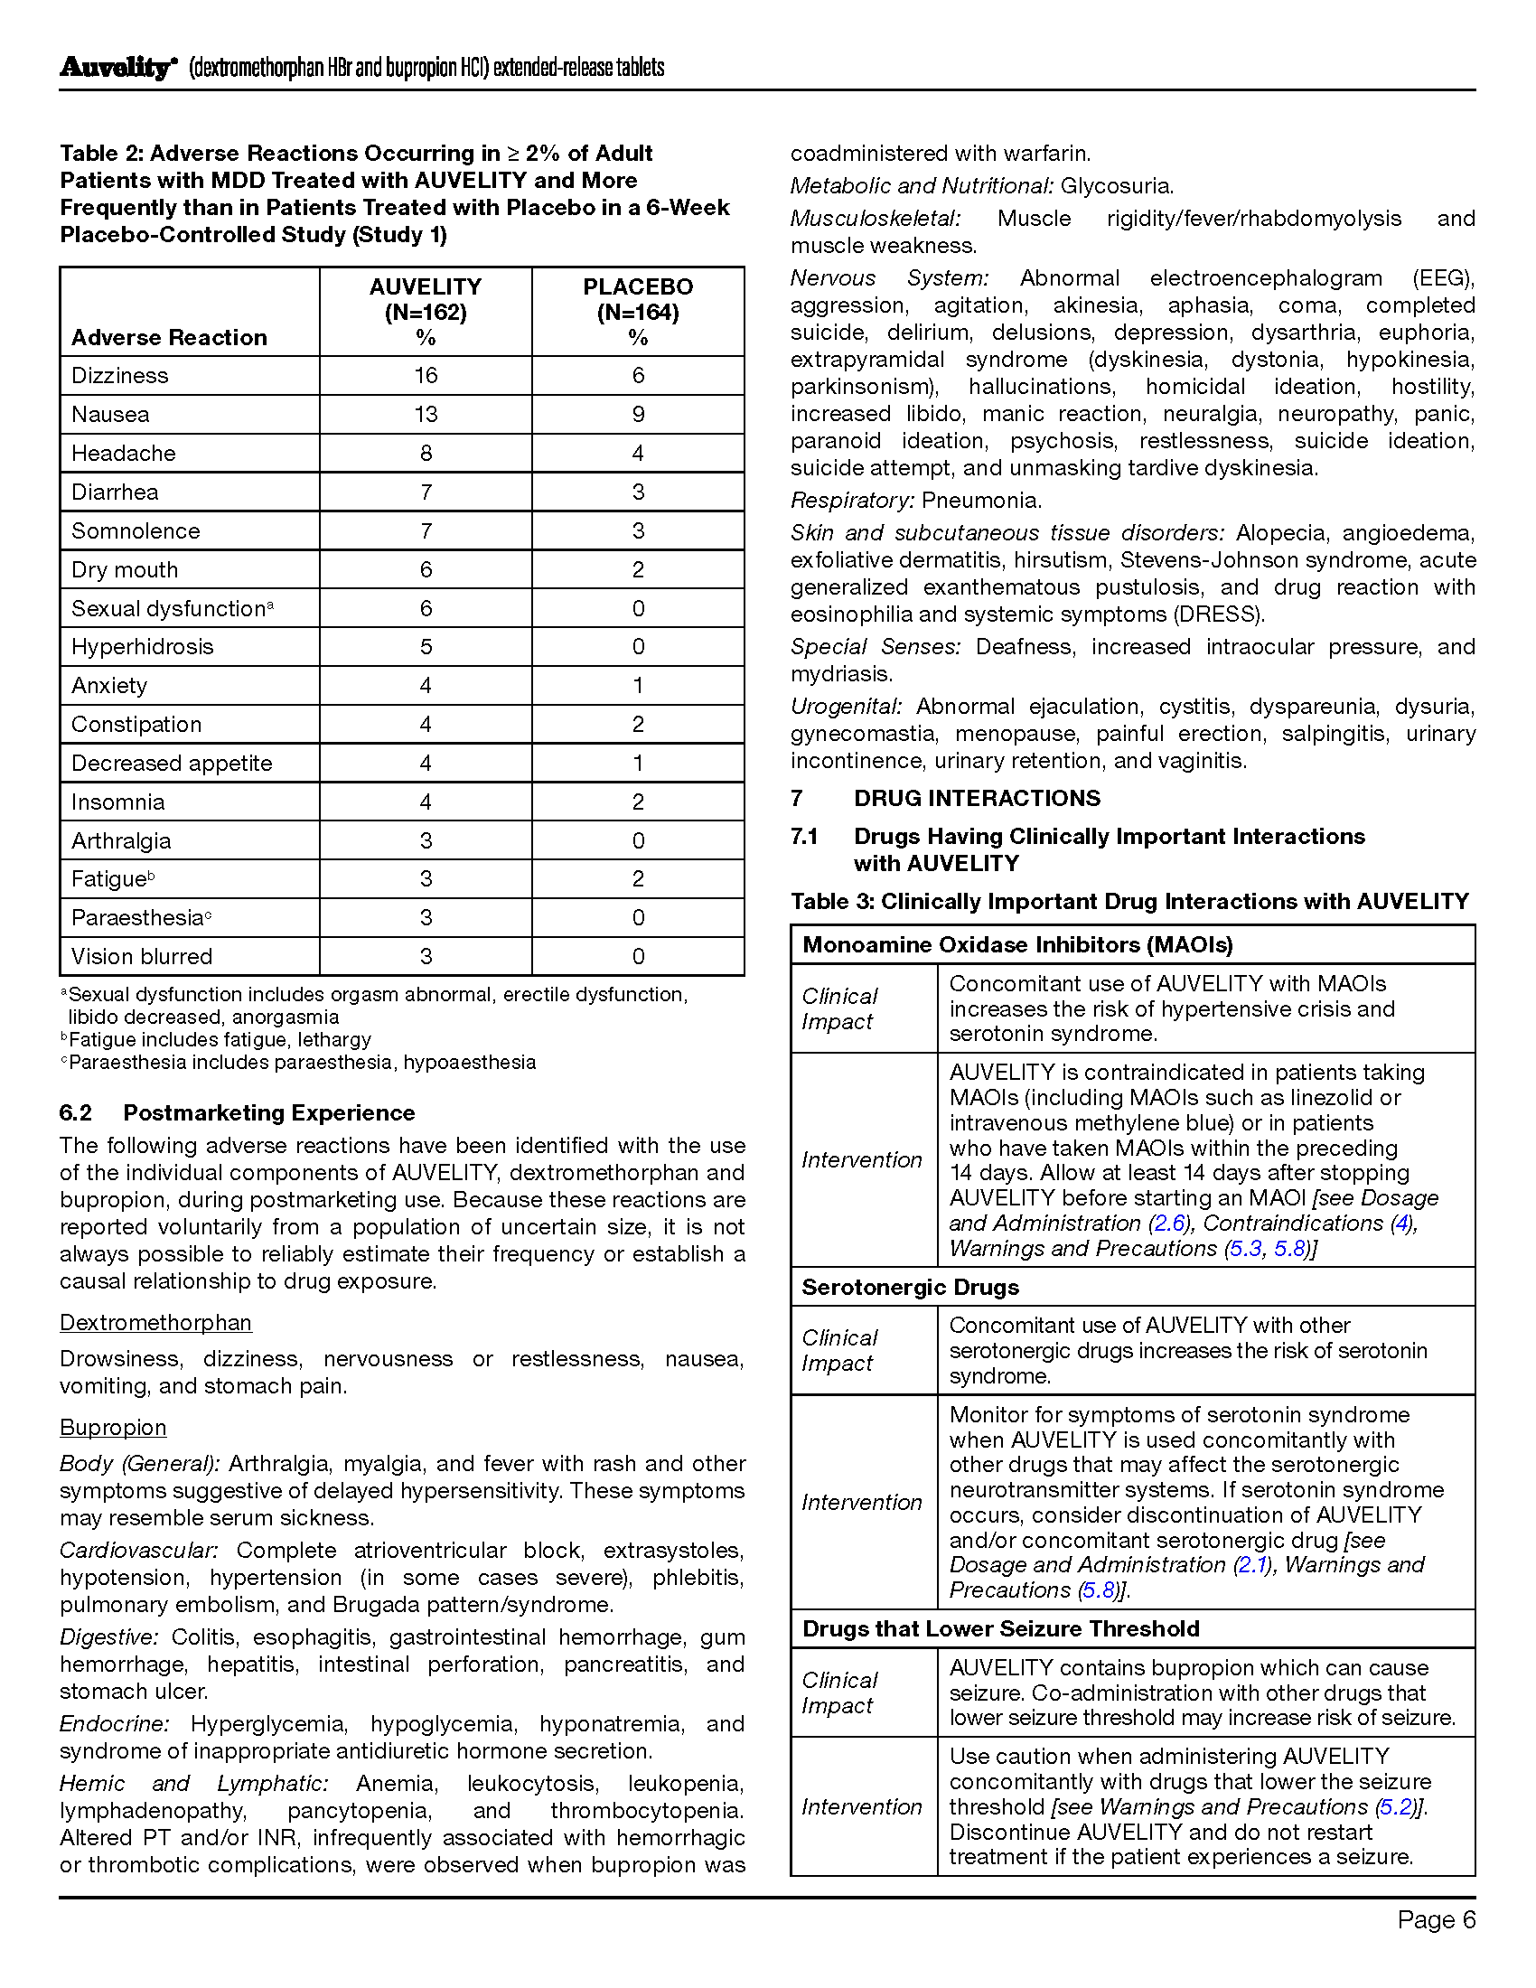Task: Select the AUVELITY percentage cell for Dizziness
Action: tap(425, 375)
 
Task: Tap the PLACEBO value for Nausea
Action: tap(638, 414)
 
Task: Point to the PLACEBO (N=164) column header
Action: tap(638, 312)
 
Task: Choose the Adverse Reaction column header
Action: tap(169, 338)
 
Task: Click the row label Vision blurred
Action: tap(142, 956)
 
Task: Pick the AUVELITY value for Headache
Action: tap(425, 453)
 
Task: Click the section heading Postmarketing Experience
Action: tap(268, 1112)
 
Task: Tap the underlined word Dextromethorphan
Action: tap(155, 1323)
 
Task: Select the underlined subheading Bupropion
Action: tap(113, 1427)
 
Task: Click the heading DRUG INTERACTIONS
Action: tap(977, 798)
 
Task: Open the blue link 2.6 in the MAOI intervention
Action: tap(1170, 1223)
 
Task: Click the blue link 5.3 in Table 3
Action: tap(1246, 1248)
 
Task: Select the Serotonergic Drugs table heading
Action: tap(910, 1287)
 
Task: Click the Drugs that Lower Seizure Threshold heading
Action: tap(1000, 1628)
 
